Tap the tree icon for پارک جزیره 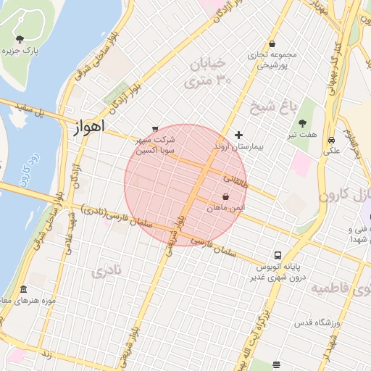click(x=20, y=39)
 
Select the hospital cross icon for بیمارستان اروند click(x=239, y=135)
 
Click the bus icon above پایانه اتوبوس click(x=278, y=255)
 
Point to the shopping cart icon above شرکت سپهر click(x=154, y=129)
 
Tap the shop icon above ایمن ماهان click(x=226, y=196)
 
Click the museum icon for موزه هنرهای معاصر click(x=23, y=289)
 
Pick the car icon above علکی click(x=331, y=140)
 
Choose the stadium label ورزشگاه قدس click(x=313, y=321)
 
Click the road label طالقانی click(x=235, y=178)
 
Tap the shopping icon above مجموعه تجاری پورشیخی click(x=272, y=44)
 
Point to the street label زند click(x=46, y=354)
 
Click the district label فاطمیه click(x=341, y=288)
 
